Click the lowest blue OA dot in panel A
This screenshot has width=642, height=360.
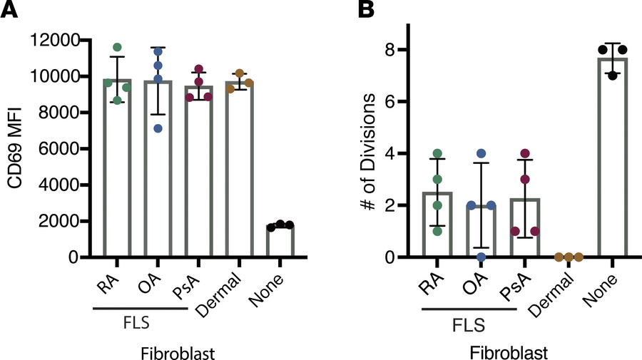click(158, 128)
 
